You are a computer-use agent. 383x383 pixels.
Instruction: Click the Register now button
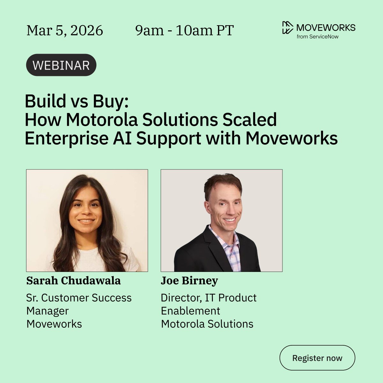click(x=317, y=358)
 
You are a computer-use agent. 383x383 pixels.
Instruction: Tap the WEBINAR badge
click(x=61, y=65)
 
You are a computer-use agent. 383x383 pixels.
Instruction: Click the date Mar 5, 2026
click(x=65, y=31)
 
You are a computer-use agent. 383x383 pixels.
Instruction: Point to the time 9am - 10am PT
click(x=184, y=31)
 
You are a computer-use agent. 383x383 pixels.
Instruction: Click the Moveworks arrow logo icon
click(x=287, y=27)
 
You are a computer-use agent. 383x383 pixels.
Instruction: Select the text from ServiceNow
click(x=318, y=37)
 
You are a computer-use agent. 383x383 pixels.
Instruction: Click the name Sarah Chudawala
click(x=73, y=281)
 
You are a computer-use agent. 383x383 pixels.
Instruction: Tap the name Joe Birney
click(x=189, y=281)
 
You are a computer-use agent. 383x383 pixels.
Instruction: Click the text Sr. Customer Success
click(x=79, y=298)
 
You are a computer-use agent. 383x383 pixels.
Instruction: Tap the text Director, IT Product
click(x=208, y=298)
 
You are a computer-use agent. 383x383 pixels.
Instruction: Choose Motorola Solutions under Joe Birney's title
click(x=207, y=324)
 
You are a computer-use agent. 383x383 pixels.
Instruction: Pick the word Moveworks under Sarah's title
click(x=54, y=324)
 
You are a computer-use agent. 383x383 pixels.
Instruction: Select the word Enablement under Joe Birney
click(x=191, y=311)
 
